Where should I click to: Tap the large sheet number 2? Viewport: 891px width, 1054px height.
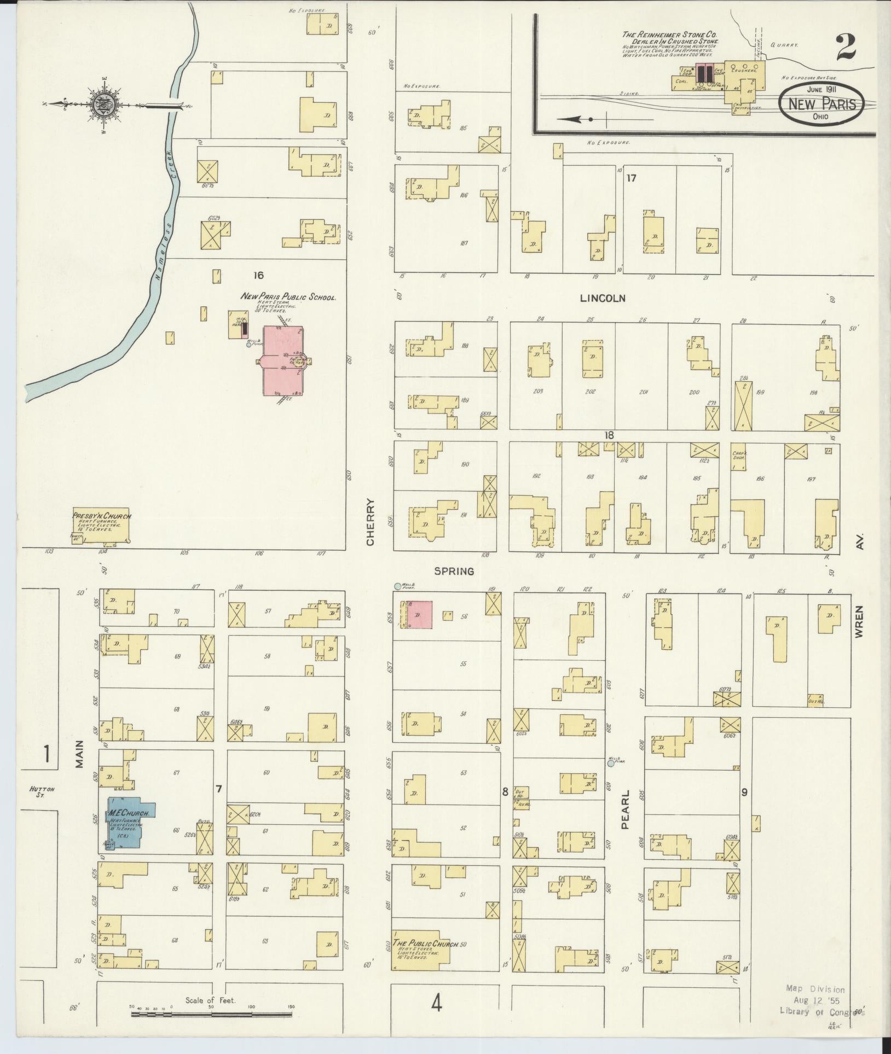(x=846, y=49)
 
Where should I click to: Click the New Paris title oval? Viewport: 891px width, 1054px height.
(x=821, y=103)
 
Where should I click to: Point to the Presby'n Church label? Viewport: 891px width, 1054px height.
(x=101, y=516)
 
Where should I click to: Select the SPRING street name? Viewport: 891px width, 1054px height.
(x=453, y=571)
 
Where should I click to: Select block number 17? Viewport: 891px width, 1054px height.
(x=631, y=177)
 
